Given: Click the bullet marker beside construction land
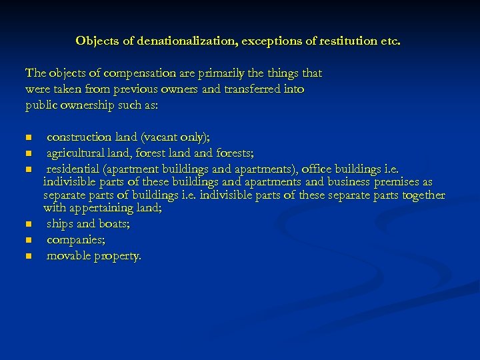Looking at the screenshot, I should coord(28,138).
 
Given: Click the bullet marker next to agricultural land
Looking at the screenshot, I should coord(28,154).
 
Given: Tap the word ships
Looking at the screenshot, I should coord(60,224).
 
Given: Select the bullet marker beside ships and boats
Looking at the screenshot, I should coord(28,225).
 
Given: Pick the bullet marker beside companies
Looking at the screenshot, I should coord(28,241).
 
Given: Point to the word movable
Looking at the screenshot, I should coord(69,256).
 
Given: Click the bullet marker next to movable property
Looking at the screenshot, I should coord(28,257).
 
